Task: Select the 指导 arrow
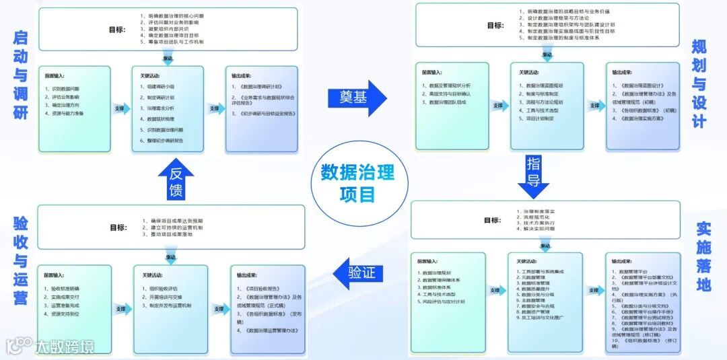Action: click(533, 172)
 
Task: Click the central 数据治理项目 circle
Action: click(357, 182)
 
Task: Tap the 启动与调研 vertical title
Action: click(20, 75)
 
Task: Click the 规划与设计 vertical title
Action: click(699, 83)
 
